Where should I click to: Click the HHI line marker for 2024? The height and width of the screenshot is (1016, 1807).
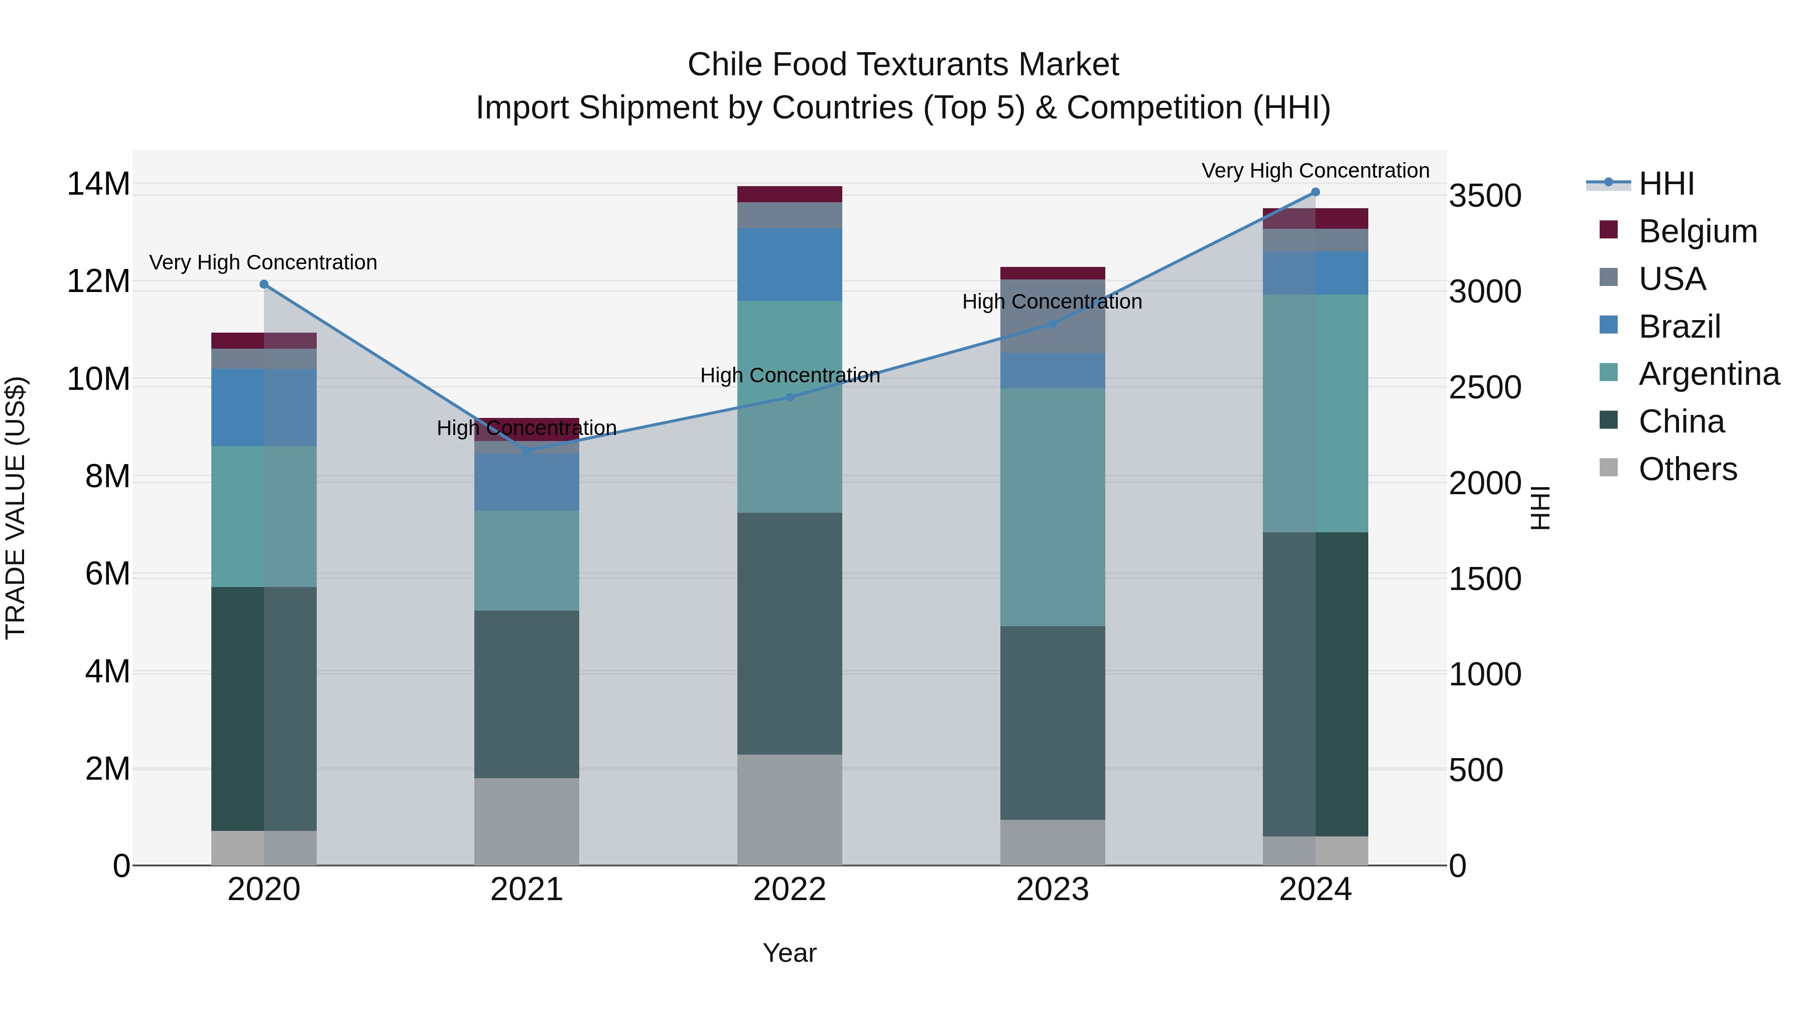[x=1315, y=192]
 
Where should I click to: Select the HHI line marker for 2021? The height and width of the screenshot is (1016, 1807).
[x=527, y=452]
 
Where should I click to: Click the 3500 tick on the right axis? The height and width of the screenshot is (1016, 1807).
[x=1485, y=196]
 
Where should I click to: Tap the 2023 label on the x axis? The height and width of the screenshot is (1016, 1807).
[x=1052, y=890]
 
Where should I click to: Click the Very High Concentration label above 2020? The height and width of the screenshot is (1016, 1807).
[x=263, y=262]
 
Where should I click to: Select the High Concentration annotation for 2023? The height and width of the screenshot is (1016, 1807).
[x=1052, y=302]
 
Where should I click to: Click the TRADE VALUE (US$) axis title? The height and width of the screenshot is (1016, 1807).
[x=16, y=508]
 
